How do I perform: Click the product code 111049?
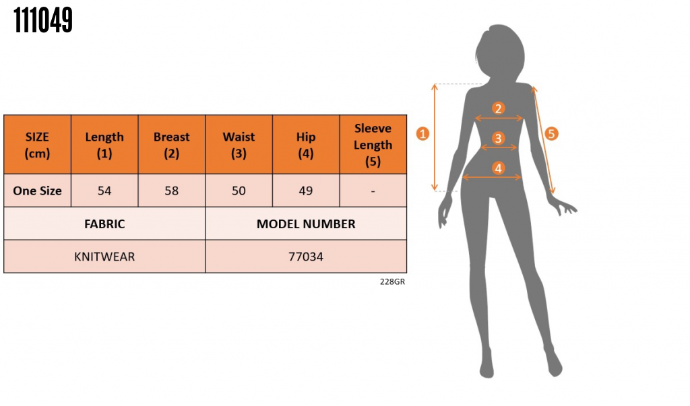tap(43, 22)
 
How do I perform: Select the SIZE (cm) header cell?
tap(37, 145)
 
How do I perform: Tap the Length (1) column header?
tap(104, 145)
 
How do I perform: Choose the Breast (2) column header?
tap(172, 145)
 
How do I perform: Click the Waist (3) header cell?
tap(239, 145)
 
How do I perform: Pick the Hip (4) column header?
tap(306, 145)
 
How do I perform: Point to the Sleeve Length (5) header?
tap(373, 145)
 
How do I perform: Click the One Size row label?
tap(37, 191)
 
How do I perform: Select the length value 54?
tap(104, 191)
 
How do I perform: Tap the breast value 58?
tap(172, 191)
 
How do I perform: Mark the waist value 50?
tap(239, 191)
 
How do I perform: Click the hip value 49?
tap(306, 191)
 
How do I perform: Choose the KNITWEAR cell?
tap(104, 257)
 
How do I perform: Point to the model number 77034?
tap(306, 257)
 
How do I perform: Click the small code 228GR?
tap(392, 282)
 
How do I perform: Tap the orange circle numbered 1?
tap(422, 133)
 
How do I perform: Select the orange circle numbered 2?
tap(498, 108)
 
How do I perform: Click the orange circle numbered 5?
tap(551, 133)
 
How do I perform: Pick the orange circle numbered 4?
tap(498, 168)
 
